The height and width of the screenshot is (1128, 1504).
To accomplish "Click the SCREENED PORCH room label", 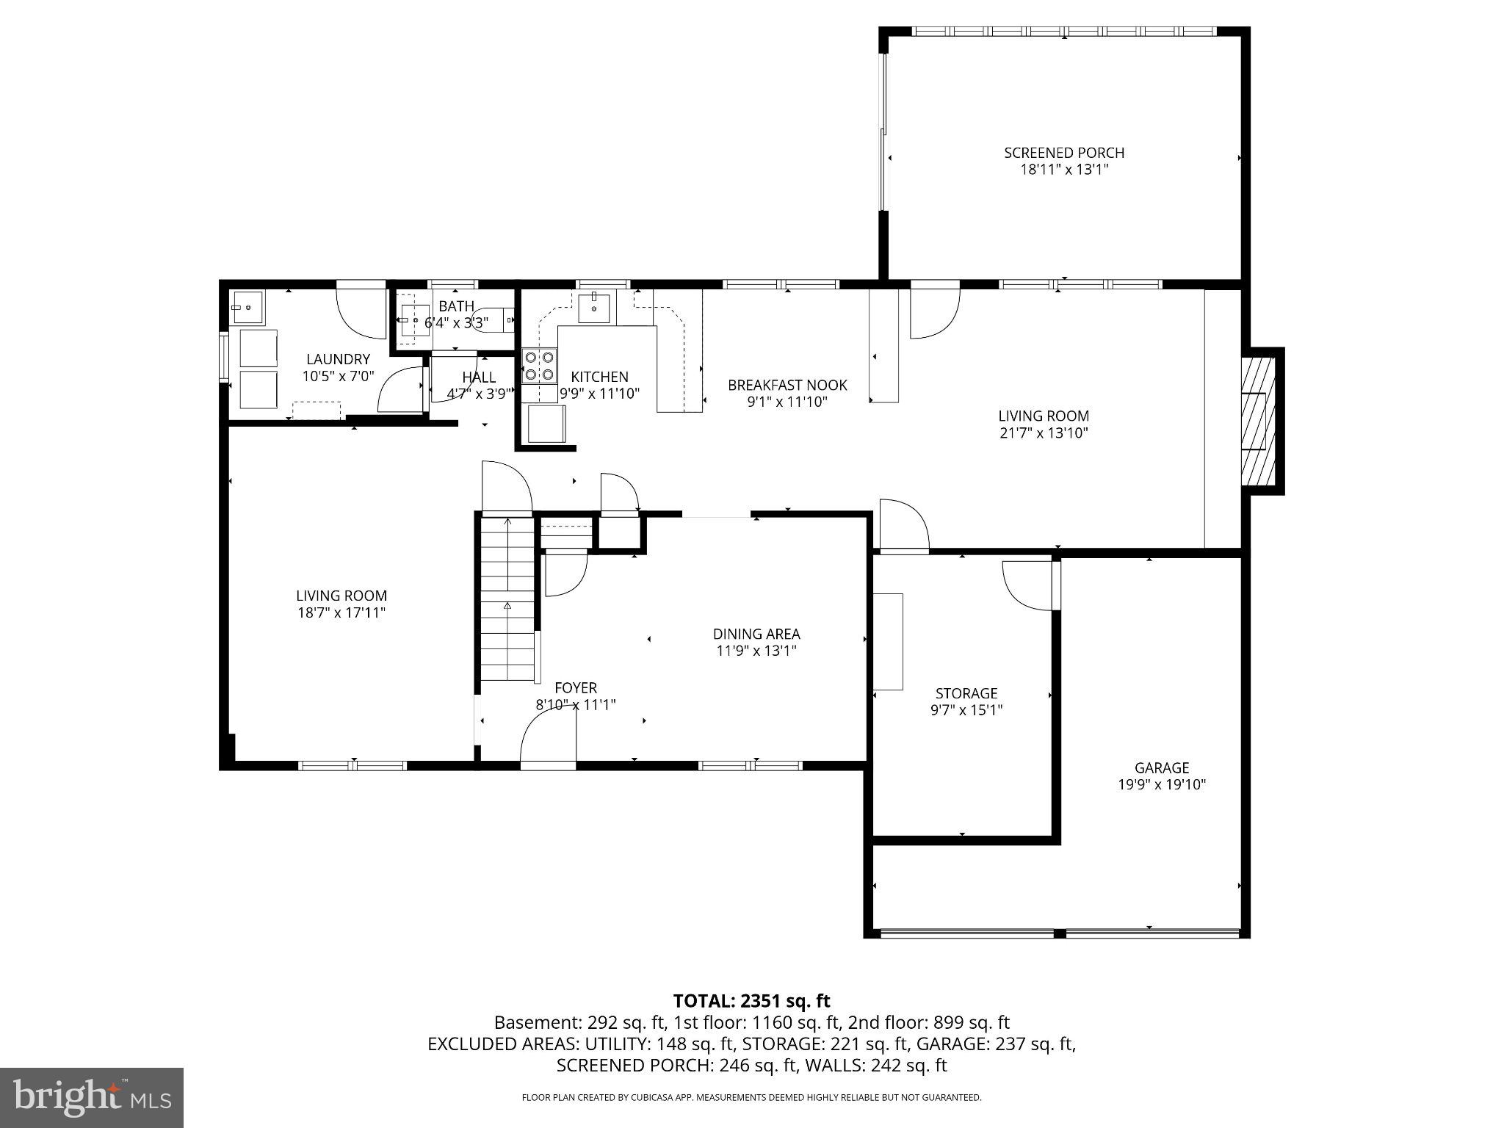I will coord(1064,153).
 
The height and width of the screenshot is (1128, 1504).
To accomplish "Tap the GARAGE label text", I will coord(1161,767).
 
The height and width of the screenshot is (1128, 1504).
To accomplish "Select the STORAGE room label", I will coord(966,693).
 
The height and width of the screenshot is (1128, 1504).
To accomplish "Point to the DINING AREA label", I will coord(756,634).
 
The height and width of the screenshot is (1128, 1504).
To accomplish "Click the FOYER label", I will coord(575,687).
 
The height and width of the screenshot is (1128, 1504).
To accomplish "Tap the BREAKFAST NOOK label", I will coord(787,385).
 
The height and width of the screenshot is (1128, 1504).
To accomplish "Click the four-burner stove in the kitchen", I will coord(539,366).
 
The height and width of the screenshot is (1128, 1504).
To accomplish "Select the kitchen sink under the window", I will coord(593,308).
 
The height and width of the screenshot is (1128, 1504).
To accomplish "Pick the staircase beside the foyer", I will coord(507,599).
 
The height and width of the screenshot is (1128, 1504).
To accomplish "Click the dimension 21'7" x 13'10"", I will coord(1043,433).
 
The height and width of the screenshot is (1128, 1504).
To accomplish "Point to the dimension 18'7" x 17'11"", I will coord(341,612).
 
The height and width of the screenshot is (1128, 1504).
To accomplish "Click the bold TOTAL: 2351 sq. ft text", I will coord(751,1001).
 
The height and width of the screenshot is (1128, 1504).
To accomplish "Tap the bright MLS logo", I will coord(91,1098).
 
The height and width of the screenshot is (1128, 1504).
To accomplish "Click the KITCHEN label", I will coord(599,377).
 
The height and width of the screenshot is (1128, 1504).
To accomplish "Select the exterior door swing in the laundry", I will coord(361,314).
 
